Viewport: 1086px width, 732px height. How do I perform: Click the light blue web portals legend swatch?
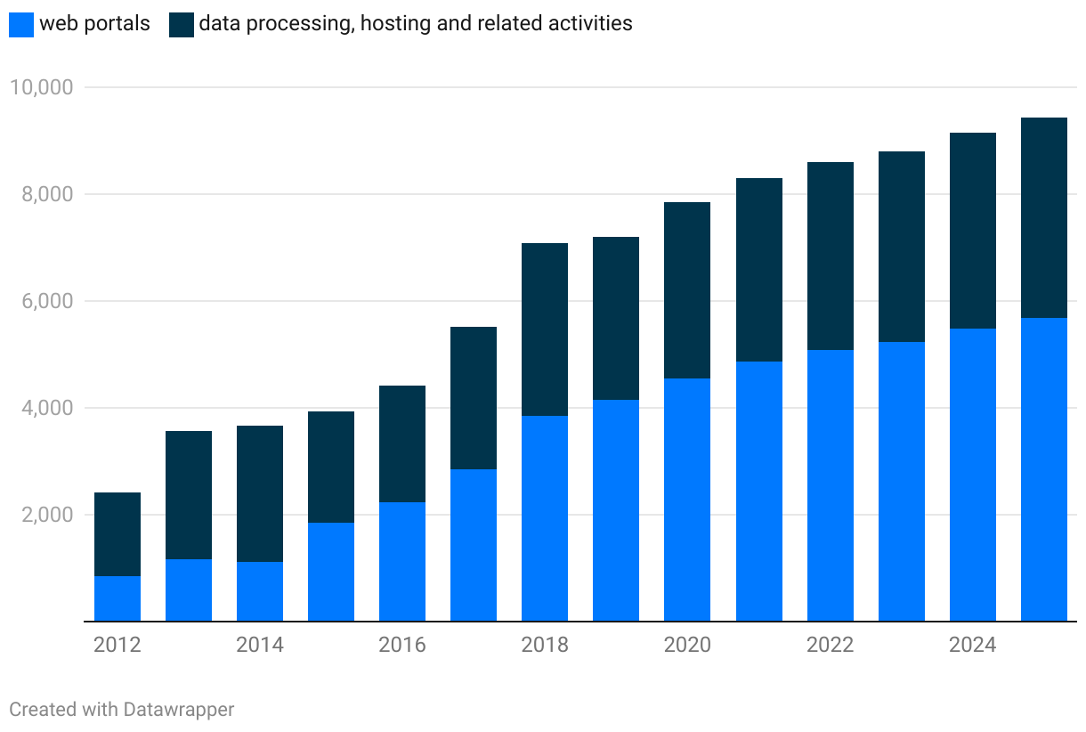point(21,24)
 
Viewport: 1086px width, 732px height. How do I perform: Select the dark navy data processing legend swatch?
point(181,24)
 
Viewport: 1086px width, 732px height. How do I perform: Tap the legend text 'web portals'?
point(94,24)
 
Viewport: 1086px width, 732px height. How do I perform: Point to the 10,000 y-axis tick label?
point(40,87)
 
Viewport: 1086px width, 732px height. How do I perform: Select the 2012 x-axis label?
point(118,645)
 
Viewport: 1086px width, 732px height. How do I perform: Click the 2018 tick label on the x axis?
point(545,645)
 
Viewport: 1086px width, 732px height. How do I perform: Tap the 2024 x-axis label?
point(972,645)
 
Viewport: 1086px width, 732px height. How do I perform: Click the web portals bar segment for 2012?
point(118,598)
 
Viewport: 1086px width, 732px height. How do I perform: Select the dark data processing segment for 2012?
point(118,534)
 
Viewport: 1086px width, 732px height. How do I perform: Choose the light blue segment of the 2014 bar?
point(260,591)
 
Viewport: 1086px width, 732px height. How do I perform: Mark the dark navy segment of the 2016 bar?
point(402,443)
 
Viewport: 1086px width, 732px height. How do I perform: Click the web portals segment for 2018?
point(545,518)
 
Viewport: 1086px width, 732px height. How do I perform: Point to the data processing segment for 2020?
point(687,290)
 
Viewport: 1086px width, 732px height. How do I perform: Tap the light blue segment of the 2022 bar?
point(831,485)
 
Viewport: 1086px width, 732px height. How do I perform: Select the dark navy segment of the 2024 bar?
point(973,231)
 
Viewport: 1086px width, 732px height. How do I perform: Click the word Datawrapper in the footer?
point(179,710)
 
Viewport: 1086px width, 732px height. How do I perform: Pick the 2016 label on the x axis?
point(402,645)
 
